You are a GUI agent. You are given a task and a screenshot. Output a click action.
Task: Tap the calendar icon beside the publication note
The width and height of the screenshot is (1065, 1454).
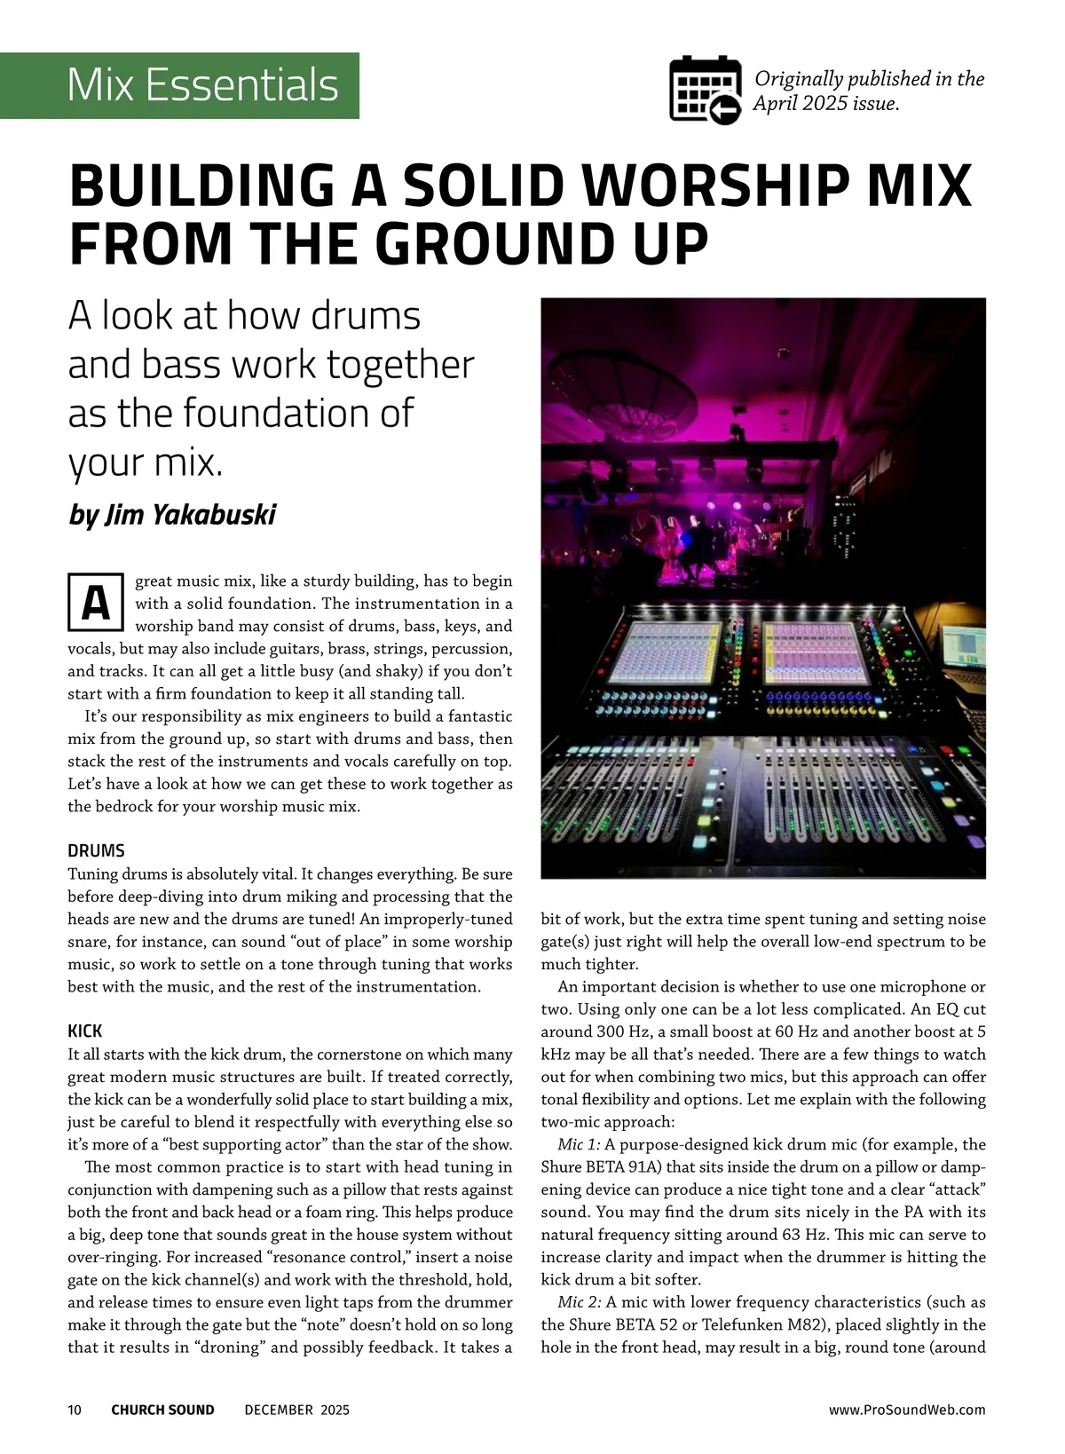click(x=705, y=90)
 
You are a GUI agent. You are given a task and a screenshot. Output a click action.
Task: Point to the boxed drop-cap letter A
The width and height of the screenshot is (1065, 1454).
click(x=96, y=603)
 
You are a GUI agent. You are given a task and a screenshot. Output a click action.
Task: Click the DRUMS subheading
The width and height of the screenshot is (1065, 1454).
click(x=96, y=850)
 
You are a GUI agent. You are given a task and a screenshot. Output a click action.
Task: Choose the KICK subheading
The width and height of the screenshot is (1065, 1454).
click(x=85, y=1031)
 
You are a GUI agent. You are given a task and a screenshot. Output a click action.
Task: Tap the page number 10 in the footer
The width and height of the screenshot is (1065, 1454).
click(x=75, y=1410)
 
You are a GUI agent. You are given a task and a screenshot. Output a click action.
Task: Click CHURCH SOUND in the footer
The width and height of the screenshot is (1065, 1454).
click(x=162, y=1410)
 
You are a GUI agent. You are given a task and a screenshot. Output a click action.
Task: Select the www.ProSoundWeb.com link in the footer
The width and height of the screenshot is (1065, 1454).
click(x=906, y=1410)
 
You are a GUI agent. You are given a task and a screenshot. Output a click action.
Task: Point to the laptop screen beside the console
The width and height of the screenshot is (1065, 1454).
click(x=964, y=649)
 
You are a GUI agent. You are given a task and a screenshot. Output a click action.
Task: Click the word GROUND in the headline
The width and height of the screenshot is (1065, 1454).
click(x=477, y=243)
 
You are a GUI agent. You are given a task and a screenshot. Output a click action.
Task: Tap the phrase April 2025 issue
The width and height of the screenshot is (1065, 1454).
click(x=825, y=103)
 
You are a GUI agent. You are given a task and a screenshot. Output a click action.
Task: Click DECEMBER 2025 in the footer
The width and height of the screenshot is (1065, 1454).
click(x=296, y=1410)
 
